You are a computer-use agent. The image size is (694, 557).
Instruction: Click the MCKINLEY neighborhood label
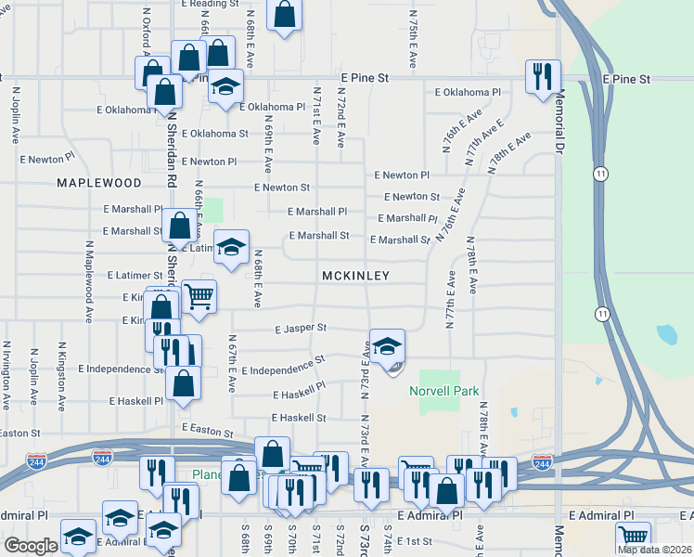tap(355, 277)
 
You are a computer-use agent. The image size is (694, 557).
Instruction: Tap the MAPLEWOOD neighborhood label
tap(98, 184)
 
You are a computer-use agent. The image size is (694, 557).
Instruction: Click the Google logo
tap(31, 546)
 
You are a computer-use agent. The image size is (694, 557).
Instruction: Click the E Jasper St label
tap(301, 329)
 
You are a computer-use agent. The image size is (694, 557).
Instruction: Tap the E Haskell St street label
tap(300, 419)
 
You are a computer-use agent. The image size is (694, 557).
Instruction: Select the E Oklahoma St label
tap(215, 134)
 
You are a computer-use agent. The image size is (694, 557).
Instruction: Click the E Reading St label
tap(203, 5)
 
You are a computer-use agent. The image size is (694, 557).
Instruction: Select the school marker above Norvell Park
tap(387, 344)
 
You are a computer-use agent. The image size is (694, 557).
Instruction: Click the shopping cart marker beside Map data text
tap(633, 536)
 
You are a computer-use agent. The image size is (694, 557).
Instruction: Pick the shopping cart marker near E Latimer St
tap(199, 296)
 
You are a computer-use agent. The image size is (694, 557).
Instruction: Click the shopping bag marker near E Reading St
tap(285, 13)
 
